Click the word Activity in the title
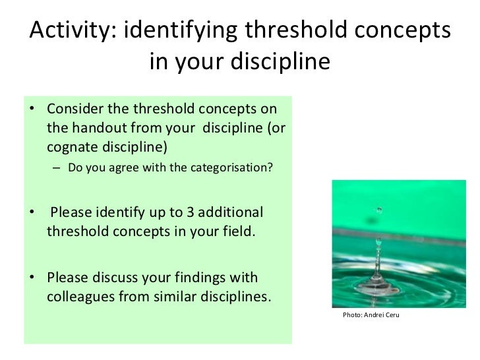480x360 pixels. (x=71, y=31)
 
